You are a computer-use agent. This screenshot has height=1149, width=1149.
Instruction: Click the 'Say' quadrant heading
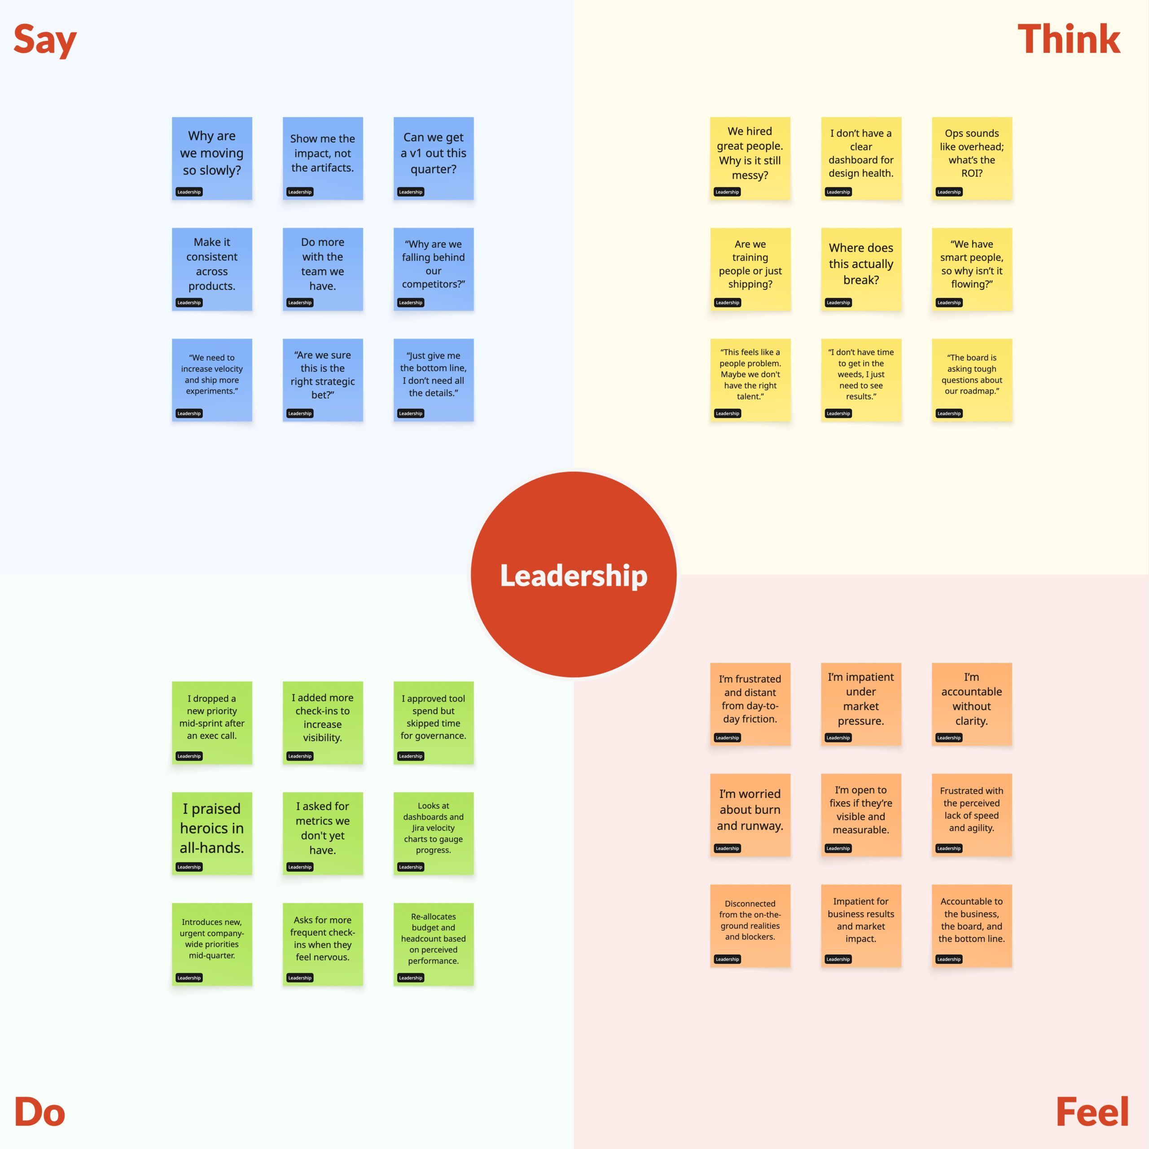click(45, 40)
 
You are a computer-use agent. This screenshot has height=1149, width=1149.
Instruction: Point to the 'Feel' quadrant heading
click(1092, 1112)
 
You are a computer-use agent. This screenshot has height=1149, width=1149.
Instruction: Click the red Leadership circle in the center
click(574, 574)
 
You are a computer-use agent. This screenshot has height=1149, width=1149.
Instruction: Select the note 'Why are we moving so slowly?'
click(212, 158)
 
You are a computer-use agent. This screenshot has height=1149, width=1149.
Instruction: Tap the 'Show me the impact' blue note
click(322, 158)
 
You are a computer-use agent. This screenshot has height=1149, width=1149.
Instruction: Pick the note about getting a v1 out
click(434, 158)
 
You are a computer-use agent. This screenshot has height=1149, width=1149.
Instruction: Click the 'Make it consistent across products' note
click(212, 269)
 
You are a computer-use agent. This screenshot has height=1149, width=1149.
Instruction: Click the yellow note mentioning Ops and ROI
click(972, 158)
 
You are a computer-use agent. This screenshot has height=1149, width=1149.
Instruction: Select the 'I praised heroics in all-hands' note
click(212, 833)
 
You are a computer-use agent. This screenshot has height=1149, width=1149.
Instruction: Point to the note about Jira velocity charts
click(434, 833)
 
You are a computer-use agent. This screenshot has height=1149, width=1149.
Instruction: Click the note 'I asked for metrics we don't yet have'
click(322, 833)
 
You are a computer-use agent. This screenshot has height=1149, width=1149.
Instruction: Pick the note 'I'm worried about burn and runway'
click(750, 815)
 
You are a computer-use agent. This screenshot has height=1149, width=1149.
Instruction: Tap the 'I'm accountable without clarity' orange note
click(972, 704)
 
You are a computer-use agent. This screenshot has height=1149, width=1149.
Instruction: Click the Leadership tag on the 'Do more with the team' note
click(300, 303)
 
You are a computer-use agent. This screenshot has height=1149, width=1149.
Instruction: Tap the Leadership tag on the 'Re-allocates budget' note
click(410, 978)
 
